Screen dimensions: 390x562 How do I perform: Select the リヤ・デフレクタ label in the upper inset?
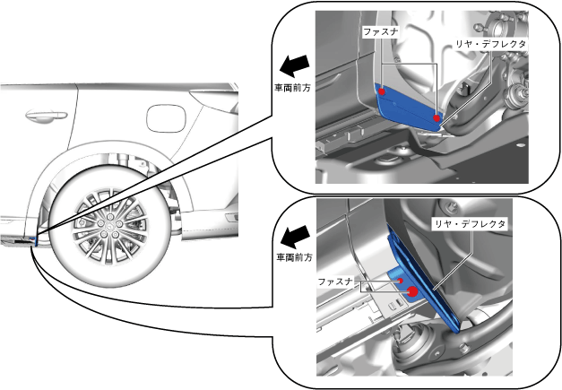point(491,43)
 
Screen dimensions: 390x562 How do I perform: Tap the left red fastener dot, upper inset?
point(383,91)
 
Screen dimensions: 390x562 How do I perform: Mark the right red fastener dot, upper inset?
point(437,117)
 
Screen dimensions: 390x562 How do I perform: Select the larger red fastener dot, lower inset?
point(413,291)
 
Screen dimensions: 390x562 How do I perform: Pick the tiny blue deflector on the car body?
point(36,239)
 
